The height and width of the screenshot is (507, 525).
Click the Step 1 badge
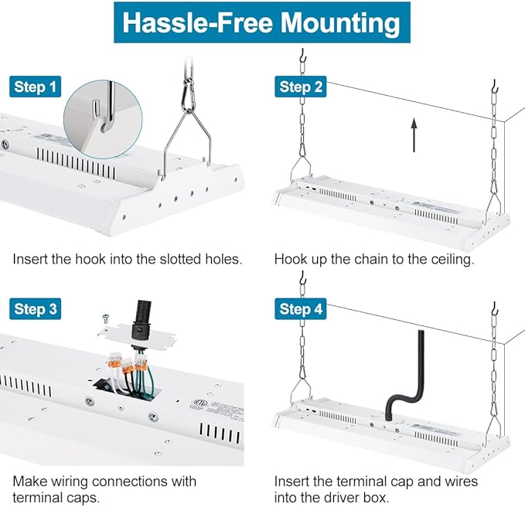35,87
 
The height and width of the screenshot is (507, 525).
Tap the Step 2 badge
301,87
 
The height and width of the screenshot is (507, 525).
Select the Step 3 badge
35,308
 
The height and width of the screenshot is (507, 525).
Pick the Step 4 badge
301,308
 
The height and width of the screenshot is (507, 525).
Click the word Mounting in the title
340,23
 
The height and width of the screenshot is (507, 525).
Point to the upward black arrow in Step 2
414,135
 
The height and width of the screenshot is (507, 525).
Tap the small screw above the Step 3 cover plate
106,318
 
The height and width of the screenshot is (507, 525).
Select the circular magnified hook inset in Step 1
103,119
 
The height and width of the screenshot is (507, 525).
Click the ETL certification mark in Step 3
197,402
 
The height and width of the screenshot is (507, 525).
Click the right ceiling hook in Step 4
495,308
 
